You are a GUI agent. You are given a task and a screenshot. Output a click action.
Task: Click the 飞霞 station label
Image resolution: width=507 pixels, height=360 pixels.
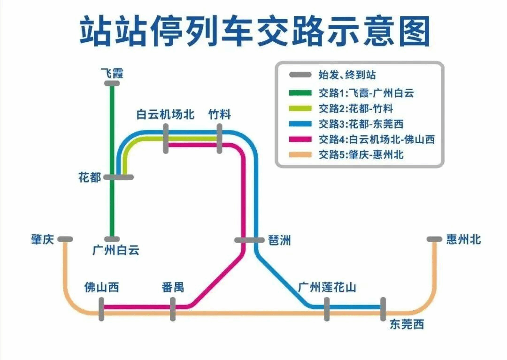[112, 73]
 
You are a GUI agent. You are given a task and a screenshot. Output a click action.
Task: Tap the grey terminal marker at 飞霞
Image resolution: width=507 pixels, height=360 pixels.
[112, 84]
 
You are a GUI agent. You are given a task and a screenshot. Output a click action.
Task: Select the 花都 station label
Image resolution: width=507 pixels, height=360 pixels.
[90, 177]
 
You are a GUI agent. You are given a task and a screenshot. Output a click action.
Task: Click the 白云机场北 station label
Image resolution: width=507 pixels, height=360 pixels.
[165, 115]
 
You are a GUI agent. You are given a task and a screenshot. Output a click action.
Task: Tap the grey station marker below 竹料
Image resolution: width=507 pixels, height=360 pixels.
[219, 138]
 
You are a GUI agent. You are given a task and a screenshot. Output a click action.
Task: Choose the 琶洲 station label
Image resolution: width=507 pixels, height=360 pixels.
[279, 240]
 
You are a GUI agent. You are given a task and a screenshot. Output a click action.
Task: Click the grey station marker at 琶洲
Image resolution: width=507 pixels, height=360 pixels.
[249, 240]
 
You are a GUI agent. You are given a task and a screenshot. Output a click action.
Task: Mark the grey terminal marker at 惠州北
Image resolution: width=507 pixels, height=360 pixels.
[434, 239]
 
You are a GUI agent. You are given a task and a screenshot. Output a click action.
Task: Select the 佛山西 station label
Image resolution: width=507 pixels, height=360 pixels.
[101, 287]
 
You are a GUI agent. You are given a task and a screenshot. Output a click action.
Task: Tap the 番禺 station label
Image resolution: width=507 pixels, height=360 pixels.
[172, 287]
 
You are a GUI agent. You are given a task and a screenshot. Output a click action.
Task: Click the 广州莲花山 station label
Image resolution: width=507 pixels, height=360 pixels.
[327, 287]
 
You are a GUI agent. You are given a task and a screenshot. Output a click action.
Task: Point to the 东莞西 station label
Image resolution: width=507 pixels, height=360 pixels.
[407, 324]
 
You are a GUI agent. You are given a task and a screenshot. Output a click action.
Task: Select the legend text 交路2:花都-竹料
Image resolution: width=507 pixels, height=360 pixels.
[356, 108]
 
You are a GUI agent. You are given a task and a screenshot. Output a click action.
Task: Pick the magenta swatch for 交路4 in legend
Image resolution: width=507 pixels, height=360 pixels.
[300, 139]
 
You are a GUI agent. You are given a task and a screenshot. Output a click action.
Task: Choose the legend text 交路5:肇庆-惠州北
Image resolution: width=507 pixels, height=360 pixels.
[361, 154]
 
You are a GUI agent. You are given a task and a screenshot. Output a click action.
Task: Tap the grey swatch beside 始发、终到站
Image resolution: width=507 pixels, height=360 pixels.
[300, 75]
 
